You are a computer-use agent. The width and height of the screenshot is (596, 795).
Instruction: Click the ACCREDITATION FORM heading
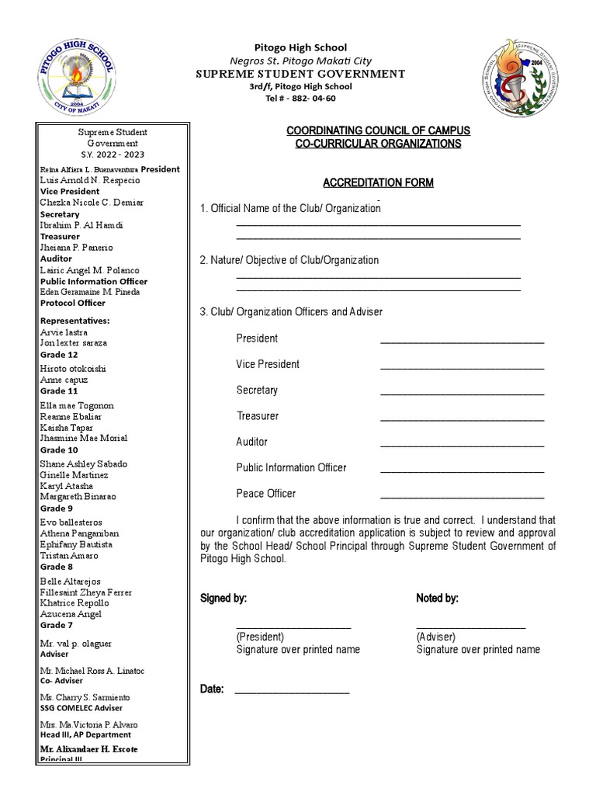pos(378,183)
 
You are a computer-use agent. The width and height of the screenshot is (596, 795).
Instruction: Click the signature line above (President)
pos(293,627)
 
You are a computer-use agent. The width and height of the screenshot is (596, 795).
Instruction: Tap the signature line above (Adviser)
pos(470,627)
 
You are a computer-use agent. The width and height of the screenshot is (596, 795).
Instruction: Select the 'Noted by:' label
pos(437,599)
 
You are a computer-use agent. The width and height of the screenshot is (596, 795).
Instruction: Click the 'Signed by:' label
pos(223,599)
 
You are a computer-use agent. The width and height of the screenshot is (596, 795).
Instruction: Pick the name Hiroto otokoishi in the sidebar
pos(73,369)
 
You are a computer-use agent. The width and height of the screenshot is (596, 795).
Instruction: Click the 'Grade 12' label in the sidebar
pos(59,355)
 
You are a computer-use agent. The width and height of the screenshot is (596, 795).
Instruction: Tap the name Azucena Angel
pos(71,614)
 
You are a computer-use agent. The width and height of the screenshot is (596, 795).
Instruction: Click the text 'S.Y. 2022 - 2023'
pos(112,155)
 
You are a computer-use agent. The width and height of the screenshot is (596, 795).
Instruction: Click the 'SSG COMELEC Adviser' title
pos(81,708)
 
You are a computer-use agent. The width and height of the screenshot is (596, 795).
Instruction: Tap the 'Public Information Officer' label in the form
pos(291,468)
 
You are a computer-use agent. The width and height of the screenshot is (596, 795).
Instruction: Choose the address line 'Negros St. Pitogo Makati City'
pos(300,61)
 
